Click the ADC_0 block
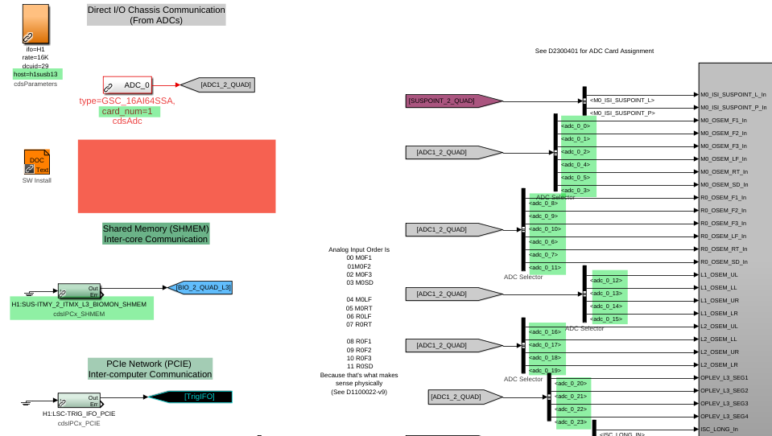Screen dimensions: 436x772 tap(127, 84)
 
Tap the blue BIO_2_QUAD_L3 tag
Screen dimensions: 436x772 tap(204, 287)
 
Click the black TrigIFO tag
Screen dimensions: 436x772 tap(191, 397)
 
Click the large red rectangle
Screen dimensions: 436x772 tap(176, 176)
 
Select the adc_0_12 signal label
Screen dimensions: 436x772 tap(609, 281)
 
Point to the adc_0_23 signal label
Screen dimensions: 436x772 tap(571, 422)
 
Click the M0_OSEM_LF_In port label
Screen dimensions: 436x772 tap(724, 158)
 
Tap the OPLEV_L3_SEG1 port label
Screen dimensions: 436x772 tap(724, 377)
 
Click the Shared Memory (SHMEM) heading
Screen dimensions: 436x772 tap(155, 233)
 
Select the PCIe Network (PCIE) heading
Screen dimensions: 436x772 tap(151, 368)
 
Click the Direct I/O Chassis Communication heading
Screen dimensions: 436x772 tap(156, 14)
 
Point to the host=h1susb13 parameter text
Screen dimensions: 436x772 tap(36, 74)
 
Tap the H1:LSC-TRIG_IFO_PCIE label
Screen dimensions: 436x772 tap(79, 413)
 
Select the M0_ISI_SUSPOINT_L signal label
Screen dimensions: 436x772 tap(621, 101)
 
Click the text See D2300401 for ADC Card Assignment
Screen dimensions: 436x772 tap(594, 51)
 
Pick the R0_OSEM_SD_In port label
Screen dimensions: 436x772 tap(724, 261)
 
